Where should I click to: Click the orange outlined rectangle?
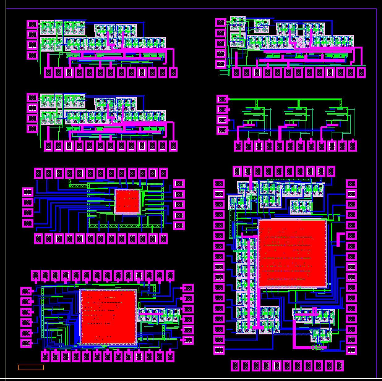click(x=31, y=367)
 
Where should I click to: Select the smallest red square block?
click(x=127, y=201)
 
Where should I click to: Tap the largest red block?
click(x=292, y=253)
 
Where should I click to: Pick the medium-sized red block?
click(x=108, y=317)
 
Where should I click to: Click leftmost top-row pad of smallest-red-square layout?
click(x=38, y=173)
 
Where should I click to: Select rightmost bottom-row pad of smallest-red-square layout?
click(x=163, y=239)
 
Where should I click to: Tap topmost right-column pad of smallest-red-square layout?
click(x=179, y=184)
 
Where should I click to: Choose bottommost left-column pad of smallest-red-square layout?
click(x=28, y=223)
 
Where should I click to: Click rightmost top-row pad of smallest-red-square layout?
click(x=163, y=173)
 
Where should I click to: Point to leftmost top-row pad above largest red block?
click(x=237, y=171)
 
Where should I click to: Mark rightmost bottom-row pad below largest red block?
click(x=339, y=366)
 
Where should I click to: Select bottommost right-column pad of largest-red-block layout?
click(x=351, y=350)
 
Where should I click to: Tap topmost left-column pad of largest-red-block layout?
click(x=219, y=184)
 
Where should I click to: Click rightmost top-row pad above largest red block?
click(x=331, y=171)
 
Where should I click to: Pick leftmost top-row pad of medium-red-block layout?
click(x=36, y=276)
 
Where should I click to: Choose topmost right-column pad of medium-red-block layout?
click(x=188, y=288)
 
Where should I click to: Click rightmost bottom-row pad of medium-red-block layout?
click(x=170, y=357)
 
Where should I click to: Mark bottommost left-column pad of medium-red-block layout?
click(x=26, y=343)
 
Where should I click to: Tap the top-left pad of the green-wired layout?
click(x=222, y=99)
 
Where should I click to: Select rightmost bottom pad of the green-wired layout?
click(x=353, y=146)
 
